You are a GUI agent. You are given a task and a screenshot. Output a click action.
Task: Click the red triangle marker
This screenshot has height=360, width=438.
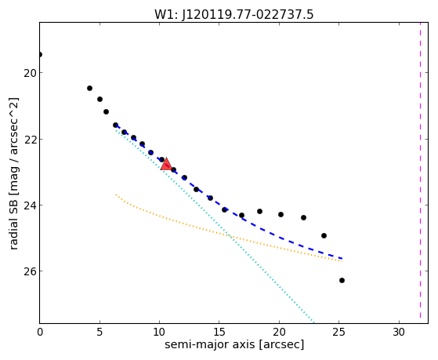point(166,165)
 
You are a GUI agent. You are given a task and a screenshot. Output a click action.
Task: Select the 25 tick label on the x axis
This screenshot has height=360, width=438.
point(338,332)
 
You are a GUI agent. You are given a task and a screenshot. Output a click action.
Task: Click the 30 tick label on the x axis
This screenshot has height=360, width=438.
point(399,332)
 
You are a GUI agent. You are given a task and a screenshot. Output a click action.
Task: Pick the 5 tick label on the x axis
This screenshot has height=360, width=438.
point(100,332)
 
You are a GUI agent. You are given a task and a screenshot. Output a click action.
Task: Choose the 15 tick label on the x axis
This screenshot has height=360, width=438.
point(219,332)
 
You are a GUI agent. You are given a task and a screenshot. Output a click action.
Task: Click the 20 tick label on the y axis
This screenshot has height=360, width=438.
point(30,73)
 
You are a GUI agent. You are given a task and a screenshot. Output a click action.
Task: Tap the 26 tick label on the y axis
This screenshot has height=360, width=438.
point(30,271)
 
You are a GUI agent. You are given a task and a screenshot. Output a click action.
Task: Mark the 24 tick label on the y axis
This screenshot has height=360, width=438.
point(30,205)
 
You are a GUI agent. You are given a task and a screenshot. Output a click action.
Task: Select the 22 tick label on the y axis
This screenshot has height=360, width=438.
point(30,140)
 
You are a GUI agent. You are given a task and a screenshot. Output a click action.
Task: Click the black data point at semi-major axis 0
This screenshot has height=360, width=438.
point(40,54)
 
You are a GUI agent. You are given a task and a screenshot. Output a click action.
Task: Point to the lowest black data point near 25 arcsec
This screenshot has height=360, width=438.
point(342,280)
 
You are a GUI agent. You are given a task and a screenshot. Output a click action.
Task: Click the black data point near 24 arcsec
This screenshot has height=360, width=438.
point(324,235)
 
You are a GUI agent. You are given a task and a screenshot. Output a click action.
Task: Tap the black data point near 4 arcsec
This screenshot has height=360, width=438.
point(89,88)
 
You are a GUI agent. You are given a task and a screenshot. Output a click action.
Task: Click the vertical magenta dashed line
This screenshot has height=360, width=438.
point(420,173)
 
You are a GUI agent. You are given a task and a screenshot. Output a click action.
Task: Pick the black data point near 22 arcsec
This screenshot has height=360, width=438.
point(304,217)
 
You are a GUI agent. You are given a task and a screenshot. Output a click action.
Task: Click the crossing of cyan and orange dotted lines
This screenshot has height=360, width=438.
point(230,236)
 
